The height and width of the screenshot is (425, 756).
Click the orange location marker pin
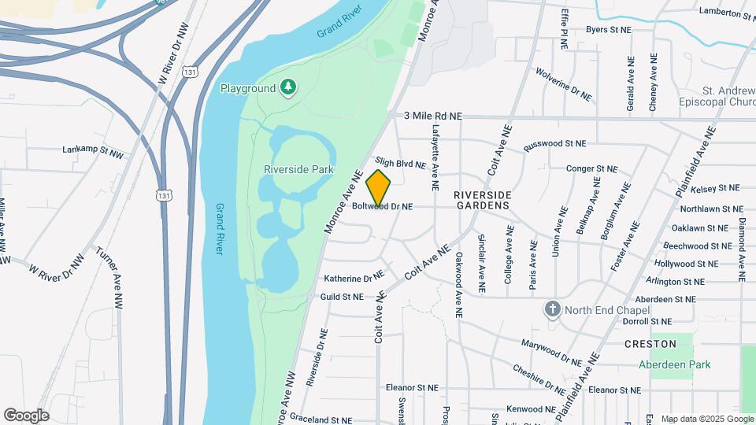378,188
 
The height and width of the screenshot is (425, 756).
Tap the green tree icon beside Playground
289,87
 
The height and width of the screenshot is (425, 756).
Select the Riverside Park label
299,169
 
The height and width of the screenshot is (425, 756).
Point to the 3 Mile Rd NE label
432,116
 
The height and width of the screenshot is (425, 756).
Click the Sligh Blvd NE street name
400,163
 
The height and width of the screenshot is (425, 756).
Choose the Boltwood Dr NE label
383,207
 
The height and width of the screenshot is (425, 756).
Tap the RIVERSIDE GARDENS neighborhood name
481,199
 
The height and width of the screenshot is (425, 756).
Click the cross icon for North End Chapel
552,309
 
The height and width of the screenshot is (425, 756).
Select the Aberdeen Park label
674,364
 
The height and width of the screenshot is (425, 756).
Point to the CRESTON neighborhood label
650,344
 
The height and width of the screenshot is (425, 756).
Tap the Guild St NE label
342,297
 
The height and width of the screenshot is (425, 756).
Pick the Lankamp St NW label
93,150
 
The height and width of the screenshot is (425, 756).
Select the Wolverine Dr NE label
563,84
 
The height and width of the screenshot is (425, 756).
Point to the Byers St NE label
609,30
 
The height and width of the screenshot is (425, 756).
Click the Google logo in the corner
26,416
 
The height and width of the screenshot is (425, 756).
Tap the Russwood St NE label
555,144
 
